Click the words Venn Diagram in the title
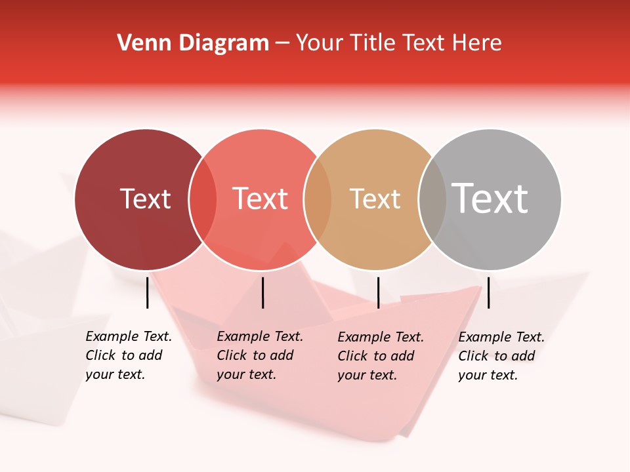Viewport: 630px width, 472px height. tap(193, 43)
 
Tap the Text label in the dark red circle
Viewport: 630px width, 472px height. tap(145, 199)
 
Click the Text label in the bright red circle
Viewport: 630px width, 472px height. tap(260, 199)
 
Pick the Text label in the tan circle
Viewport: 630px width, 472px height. tap(375, 199)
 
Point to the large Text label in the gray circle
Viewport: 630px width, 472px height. tap(490, 198)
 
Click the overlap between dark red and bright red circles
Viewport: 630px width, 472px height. tap(203, 199)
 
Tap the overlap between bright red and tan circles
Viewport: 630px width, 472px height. tap(318, 199)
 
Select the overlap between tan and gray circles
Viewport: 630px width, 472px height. tap(432, 199)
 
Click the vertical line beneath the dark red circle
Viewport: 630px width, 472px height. tap(148, 292)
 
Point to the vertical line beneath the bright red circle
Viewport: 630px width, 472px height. tap(262, 292)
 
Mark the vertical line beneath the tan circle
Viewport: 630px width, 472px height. tap(378, 292)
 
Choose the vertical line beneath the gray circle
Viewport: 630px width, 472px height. tap(488, 292)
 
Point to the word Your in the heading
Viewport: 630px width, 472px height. tap(319, 43)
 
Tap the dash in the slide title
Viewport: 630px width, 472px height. tap(282, 44)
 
